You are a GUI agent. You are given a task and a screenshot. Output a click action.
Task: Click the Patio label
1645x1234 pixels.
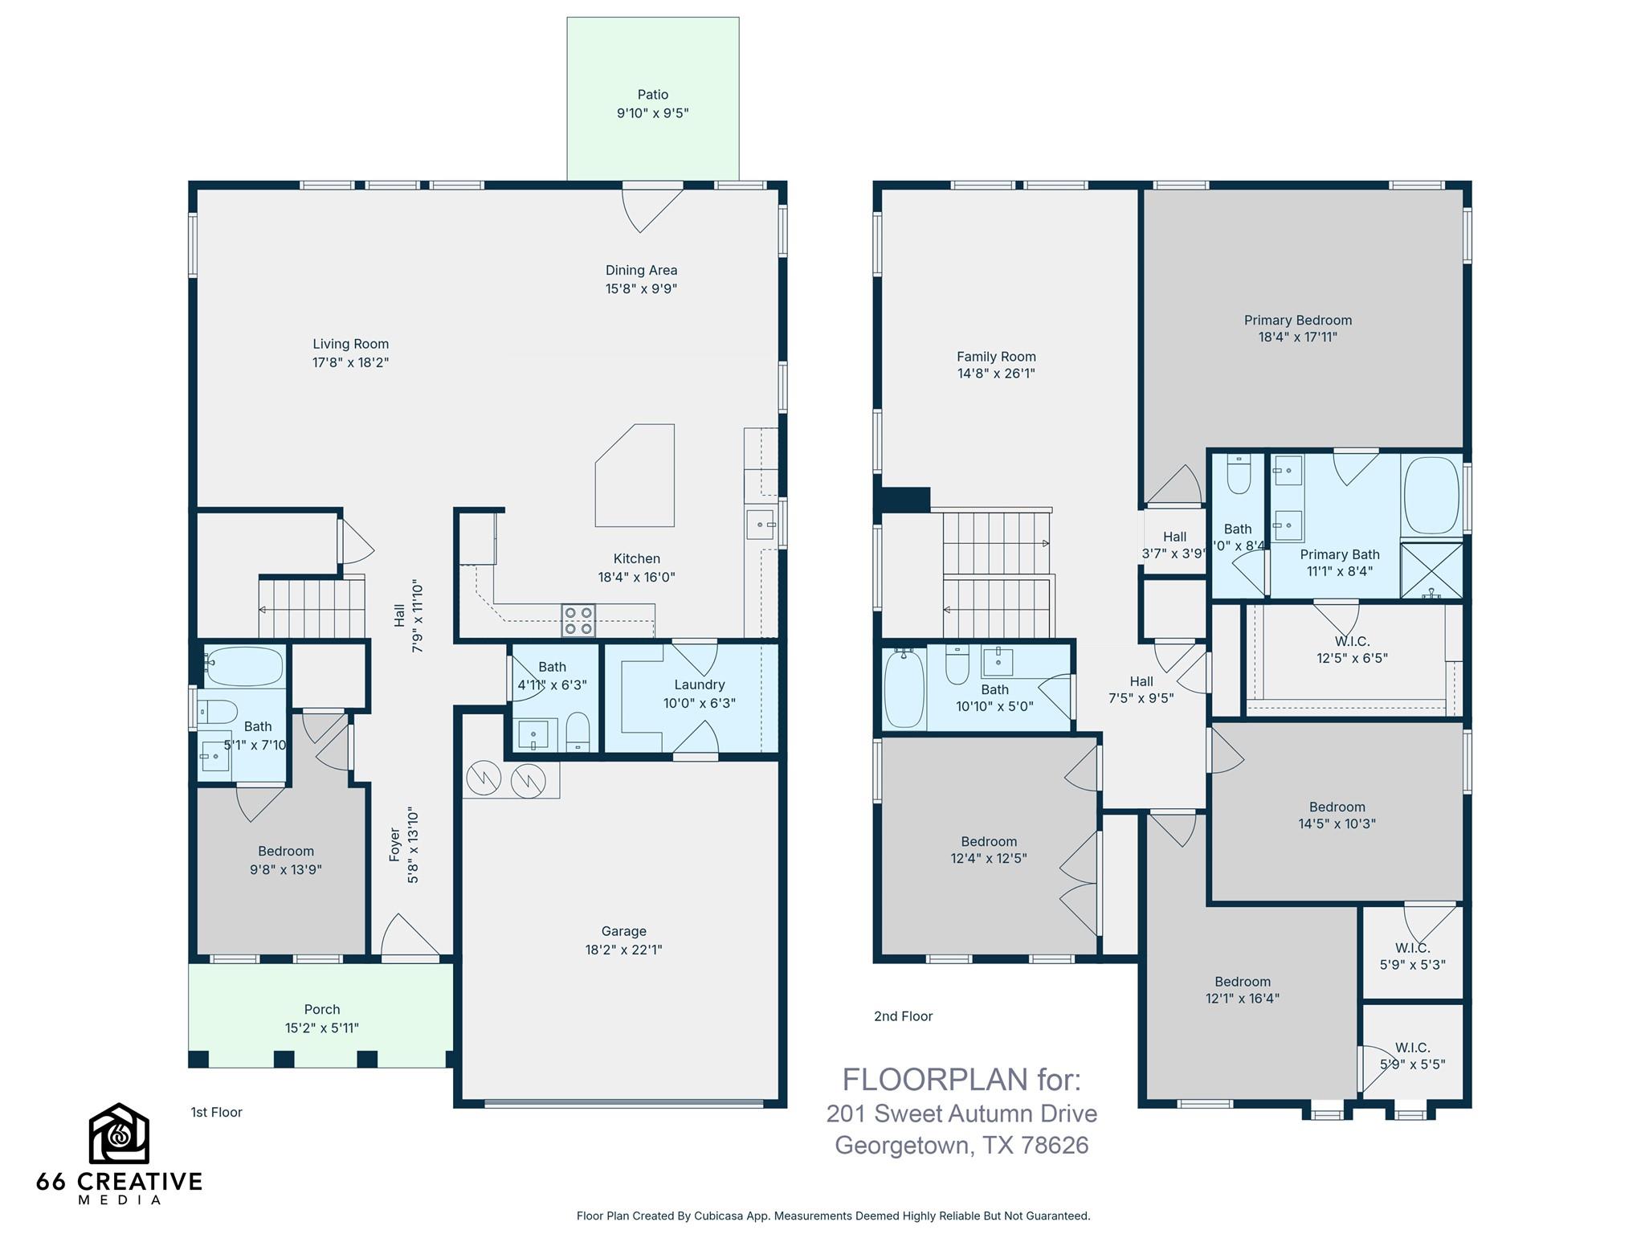(652, 95)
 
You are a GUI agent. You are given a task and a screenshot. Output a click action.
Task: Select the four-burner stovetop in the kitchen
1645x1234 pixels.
(578, 620)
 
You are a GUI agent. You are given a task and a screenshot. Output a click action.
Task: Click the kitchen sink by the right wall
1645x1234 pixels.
(760, 524)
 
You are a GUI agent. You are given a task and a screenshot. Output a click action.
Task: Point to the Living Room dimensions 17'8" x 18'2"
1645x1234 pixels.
(350, 362)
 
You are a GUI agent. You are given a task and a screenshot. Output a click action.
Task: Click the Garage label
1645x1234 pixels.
(623, 931)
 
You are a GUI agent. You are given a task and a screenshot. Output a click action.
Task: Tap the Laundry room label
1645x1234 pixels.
(699, 684)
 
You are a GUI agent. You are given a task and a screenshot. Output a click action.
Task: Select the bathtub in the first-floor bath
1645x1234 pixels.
(244, 666)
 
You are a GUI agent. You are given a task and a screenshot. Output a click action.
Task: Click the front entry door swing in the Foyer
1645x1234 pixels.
(410, 938)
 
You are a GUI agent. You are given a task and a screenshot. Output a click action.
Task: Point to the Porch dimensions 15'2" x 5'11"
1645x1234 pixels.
(321, 1028)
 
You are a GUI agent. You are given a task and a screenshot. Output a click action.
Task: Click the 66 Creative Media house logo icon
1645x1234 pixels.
(118, 1134)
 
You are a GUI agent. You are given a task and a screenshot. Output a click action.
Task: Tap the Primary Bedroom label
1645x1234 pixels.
(1297, 320)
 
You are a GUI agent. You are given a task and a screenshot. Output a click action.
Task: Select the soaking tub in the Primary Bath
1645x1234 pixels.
(1431, 496)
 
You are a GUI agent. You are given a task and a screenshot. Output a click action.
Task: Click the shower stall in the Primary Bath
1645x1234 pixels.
(1431, 570)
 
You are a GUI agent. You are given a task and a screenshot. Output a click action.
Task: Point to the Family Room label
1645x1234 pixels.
(996, 356)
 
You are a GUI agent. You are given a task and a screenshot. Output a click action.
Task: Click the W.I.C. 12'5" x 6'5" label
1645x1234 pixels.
(1352, 641)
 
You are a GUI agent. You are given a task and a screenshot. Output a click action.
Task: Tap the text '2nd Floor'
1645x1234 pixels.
(903, 1016)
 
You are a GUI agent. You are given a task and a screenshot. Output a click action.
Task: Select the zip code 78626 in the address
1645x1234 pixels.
(1054, 1145)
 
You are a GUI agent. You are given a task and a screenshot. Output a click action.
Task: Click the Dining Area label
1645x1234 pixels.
(641, 270)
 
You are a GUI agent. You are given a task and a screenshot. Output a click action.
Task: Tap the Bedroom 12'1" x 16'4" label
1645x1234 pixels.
(1242, 982)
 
